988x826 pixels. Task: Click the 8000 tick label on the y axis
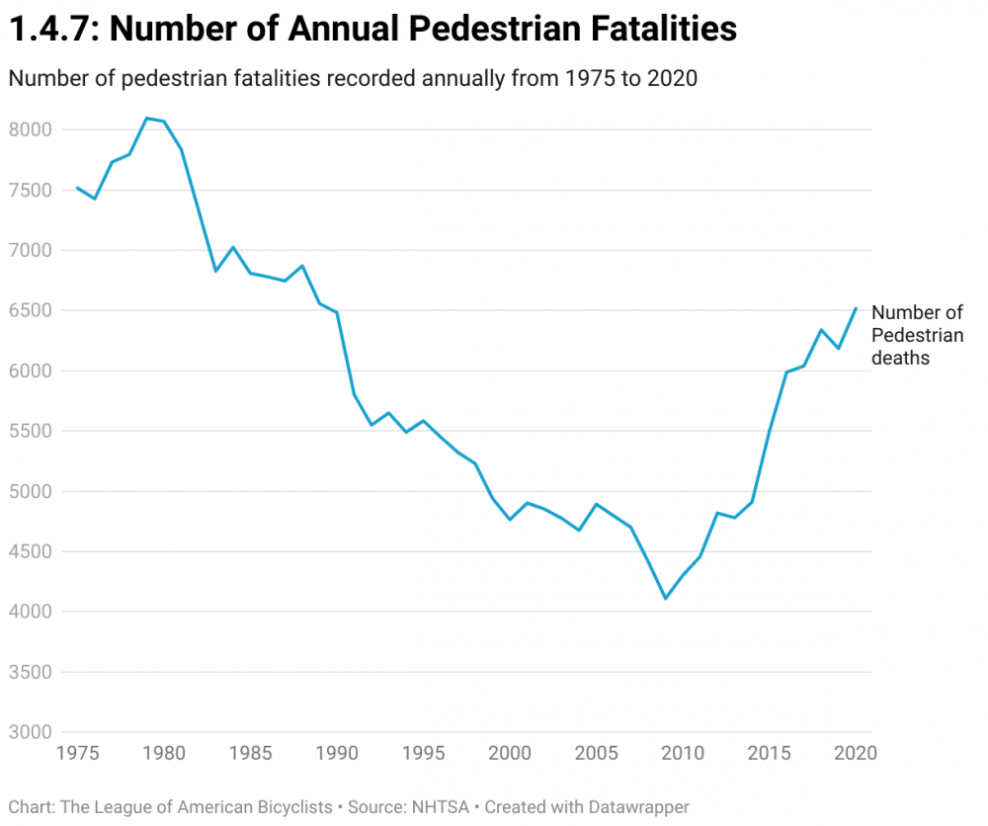click(x=30, y=129)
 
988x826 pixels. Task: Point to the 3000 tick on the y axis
click(x=30, y=733)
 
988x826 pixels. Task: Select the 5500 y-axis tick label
click(x=30, y=432)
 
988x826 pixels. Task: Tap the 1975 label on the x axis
click(x=77, y=753)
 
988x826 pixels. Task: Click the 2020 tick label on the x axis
click(x=856, y=753)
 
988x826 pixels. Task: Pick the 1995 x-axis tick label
click(x=423, y=753)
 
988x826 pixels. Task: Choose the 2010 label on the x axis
click(x=682, y=753)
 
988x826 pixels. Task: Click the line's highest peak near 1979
click(x=146, y=119)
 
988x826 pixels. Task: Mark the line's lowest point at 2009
click(x=666, y=599)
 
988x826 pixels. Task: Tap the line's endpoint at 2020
click(x=856, y=308)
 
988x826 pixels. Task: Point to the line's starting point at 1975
click(x=77, y=188)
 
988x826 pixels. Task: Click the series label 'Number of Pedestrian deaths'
click(x=917, y=335)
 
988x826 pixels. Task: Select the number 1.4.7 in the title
click(x=49, y=29)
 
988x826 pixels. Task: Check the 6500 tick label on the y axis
click(x=30, y=310)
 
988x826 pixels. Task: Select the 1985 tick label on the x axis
click(x=250, y=753)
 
